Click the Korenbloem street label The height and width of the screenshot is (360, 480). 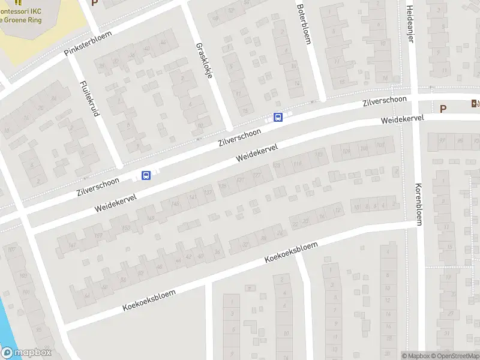click(x=418, y=203)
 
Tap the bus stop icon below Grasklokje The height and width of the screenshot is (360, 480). click(x=278, y=118)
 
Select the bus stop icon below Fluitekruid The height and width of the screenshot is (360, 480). click(x=146, y=175)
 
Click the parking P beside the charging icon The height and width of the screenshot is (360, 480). click(x=443, y=109)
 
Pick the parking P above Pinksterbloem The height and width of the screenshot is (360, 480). click(x=94, y=2)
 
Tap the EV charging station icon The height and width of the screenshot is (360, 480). click(x=476, y=104)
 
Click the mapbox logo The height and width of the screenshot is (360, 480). click(x=26, y=352)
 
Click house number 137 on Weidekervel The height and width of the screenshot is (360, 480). click(x=208, y=192)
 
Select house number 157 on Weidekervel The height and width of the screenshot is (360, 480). click(x=98, y=235)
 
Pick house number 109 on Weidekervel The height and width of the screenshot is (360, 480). click(x=346, y=151)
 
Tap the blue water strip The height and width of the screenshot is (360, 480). click(x=7, y=324)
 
